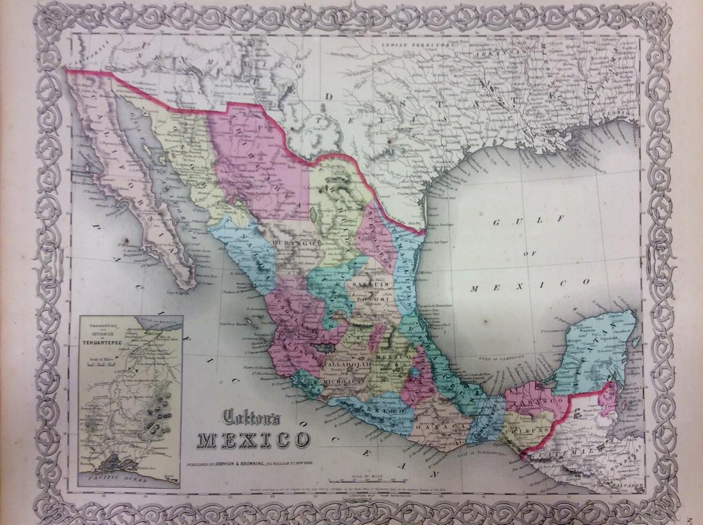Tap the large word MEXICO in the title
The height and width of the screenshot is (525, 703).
tap(254, 440)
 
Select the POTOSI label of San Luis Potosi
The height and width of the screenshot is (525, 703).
tap(370, 298)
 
